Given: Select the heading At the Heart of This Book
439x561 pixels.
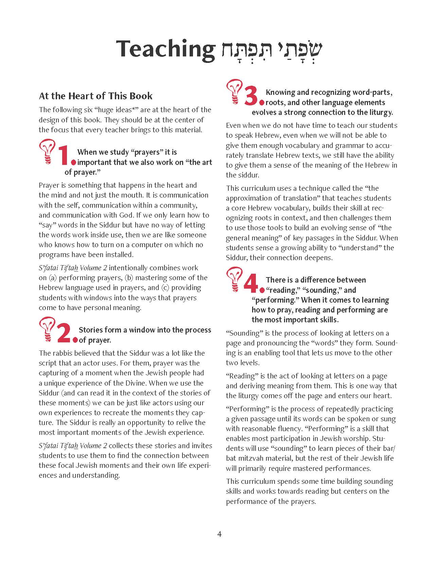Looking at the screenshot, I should coord(95,96).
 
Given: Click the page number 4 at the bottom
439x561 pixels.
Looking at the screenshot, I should coord(219,534).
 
